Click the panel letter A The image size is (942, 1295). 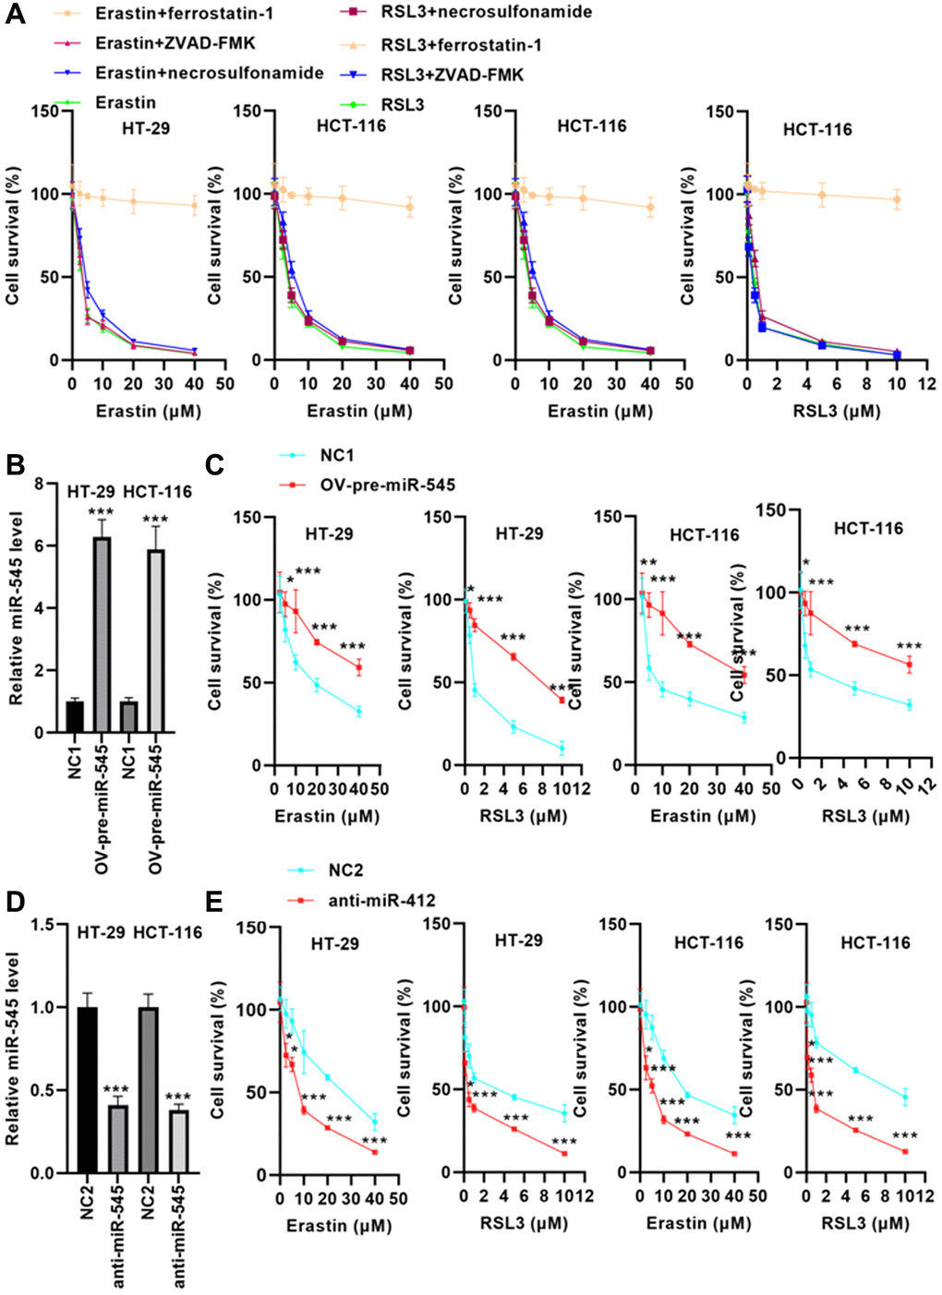tap(16, 17)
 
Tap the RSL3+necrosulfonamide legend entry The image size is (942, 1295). tap(486, 12)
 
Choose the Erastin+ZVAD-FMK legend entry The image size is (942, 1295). tap(175, 43)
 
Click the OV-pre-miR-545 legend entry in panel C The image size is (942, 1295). tap(387, 485)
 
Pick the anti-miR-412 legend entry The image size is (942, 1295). tap(381, 900)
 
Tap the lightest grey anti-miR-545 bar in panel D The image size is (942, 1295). tap(178, 1141)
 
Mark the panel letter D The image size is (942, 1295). tap(16, 902)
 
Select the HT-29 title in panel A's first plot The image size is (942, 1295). tap(146, 128)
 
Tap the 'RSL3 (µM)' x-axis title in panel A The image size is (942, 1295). tap(836, 411)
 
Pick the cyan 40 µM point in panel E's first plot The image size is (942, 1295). tap(375, 1122)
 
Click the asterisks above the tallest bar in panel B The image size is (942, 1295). tap(100, 512)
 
